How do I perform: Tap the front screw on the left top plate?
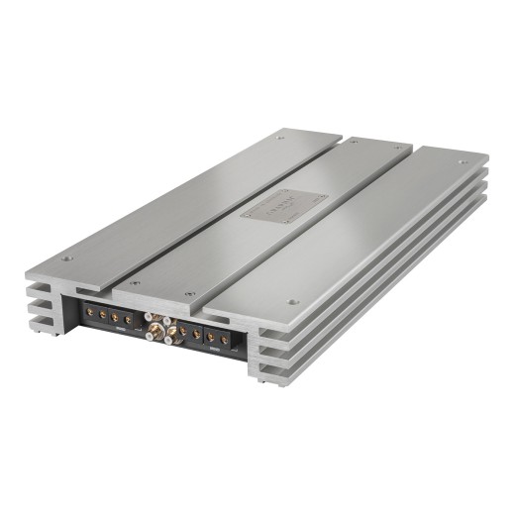click(67, 259)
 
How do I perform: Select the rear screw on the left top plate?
click(281, 140)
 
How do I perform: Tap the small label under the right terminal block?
click(214, 353)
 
